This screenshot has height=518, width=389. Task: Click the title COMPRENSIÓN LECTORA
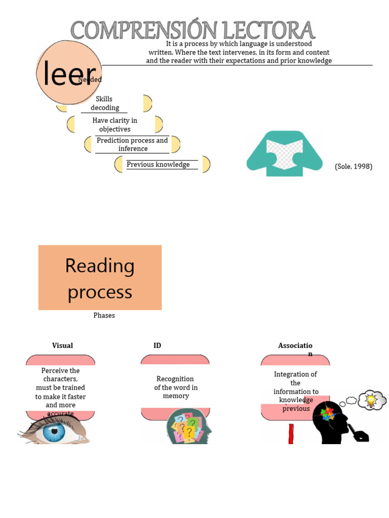coord(192,30)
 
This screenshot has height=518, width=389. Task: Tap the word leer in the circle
coord(69,74)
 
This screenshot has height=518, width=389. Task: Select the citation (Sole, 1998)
coord(353,166)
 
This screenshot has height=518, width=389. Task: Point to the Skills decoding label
coord(104,103)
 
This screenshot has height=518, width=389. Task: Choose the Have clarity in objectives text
coord(114,125)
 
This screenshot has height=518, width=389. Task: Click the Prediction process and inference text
coord(132,144)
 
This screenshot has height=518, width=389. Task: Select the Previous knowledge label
coord(158,164)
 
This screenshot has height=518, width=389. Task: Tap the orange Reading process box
coord(100,278)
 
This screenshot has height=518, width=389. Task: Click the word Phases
coord(104,315)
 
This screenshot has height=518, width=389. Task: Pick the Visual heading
coord(62,346)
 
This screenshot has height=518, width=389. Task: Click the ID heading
coord(157,346)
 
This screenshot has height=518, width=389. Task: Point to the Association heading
coord(295,346)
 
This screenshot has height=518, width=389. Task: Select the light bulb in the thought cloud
coord(371,400)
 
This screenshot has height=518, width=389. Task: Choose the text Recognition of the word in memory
coord(175,387)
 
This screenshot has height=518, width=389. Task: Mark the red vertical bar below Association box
coord(291,434)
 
